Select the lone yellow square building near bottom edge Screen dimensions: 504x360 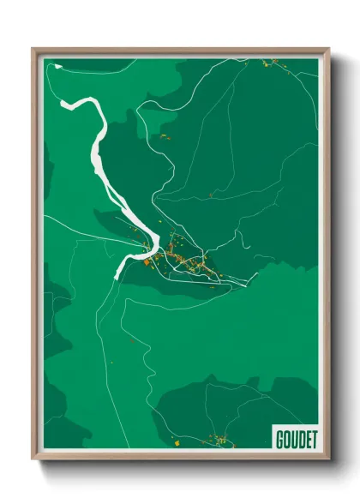[x=173, y=443]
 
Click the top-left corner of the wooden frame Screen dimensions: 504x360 [x=33, y=50]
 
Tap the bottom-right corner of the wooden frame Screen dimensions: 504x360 [x=328, y=459]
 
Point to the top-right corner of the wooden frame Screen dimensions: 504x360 [x=328, y=50]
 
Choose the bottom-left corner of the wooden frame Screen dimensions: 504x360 [x=33, y=459]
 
